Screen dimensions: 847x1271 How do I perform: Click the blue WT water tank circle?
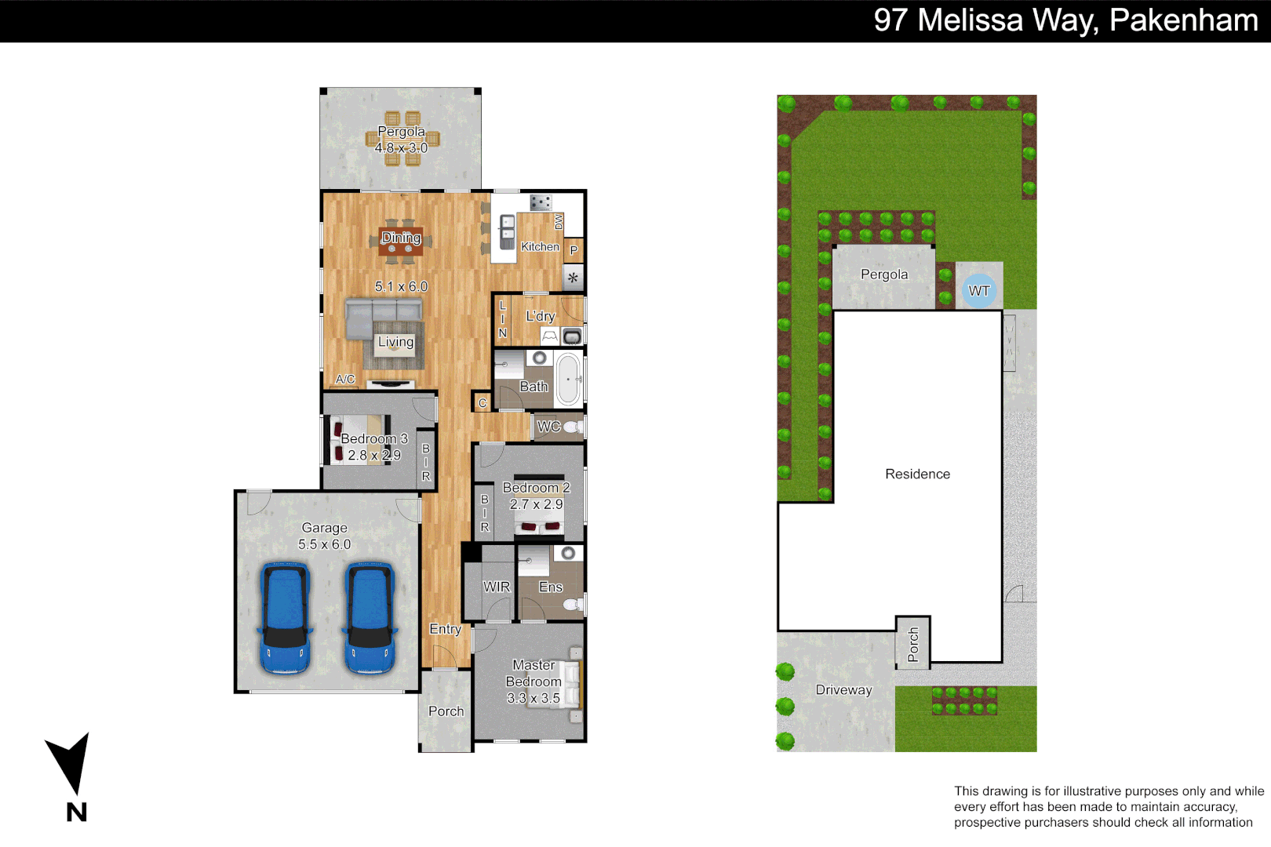pos(978,291)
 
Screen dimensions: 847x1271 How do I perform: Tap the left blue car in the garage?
pos(283,618)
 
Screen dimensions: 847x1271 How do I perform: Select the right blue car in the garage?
pos(369,618)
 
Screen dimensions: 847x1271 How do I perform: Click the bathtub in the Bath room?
pos(568,380)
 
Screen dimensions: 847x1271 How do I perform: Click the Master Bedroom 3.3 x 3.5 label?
pos(534,682)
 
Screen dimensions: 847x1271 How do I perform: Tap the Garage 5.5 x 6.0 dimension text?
pos(324,544)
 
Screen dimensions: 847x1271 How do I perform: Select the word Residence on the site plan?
pos(917,474)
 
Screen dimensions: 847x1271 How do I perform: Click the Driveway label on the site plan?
pos(843,690)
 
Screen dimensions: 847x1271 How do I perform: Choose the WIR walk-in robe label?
pos(496,587)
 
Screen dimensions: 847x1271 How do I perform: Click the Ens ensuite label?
pos(550,587)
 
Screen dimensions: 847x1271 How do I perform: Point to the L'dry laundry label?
pos(540,316)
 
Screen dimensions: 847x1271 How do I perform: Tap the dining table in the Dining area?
pos(400,243)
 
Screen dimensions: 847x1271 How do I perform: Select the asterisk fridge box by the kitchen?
pos(574,278)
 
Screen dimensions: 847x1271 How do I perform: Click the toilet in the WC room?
pos(573,427)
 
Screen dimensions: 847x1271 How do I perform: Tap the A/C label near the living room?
pos(345,380)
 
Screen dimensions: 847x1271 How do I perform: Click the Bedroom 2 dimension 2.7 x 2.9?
pos(536,504)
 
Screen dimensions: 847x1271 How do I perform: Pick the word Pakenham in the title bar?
pos(1183,20)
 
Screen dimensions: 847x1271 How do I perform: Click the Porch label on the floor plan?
pos(446,711)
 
